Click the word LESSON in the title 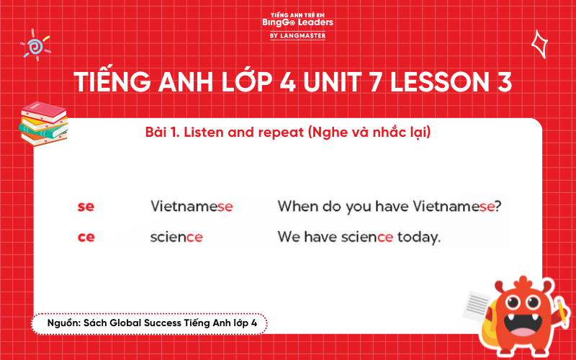point(438,83)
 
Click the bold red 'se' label point(86,207)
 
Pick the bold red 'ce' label point(86,237)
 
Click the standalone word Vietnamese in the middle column point(192,207)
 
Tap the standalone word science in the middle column point(176,237)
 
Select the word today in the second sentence point(418,237)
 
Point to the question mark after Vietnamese point(498,207)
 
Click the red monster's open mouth point(521,325)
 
